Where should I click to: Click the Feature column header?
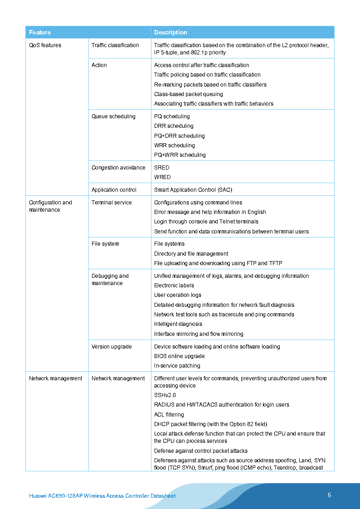[40, 32]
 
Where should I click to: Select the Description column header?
[170, 32]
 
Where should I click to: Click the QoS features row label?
[45, 45]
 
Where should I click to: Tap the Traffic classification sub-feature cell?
[115, 45]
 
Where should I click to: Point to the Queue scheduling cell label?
[113, 116]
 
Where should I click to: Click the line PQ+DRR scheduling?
[179, 136]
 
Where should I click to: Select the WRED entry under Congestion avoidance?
[162, 177]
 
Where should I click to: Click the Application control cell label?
[114, 190]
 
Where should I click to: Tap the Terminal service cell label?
[112, 203]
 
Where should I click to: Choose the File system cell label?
[105, 244]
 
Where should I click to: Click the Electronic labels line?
[174, 286]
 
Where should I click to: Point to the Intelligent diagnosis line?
[178, 324]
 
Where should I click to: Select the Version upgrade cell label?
[112, 347]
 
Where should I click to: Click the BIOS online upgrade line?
[179, 356]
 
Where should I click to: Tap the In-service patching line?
[177, 366]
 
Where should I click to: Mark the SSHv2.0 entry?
[165, 395]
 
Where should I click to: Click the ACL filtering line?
[169, 415]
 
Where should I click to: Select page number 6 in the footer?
[330, 495]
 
